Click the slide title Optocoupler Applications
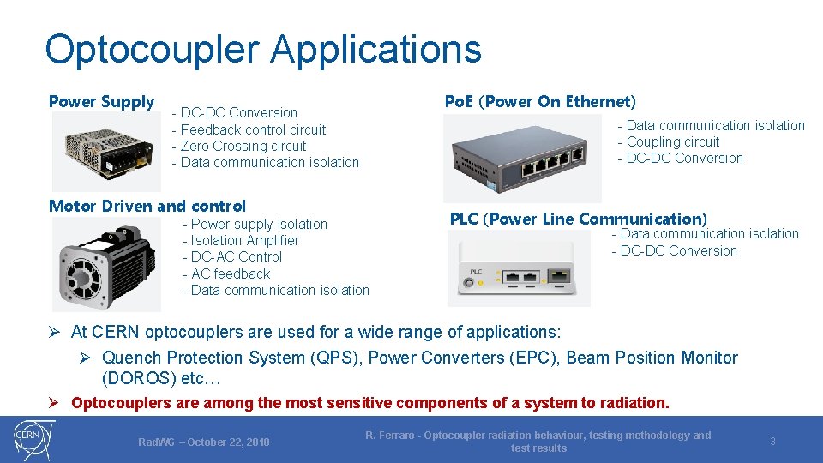(x=262, y=50)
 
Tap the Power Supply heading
(x=101, y=102)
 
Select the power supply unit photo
(x=105, y=152)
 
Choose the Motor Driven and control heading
(x=147, y=206)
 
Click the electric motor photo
(x=105, y=263)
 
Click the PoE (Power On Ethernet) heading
(x=540, y=102)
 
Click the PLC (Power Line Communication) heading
(x=579, y=219)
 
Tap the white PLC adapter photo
(x=519, y=271)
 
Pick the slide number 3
(x=772, y=442)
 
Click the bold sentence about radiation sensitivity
(x=369, y=402)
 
